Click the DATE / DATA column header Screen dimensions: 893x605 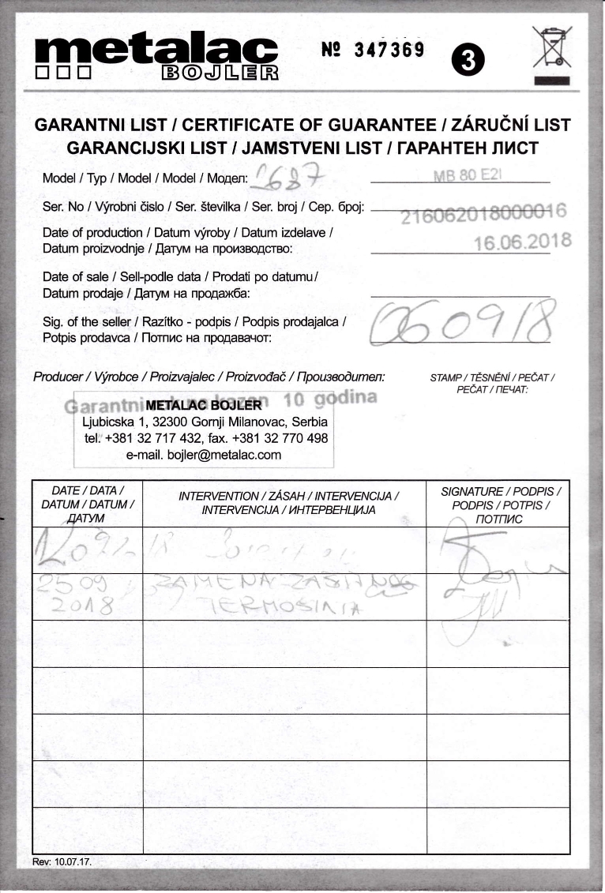(x=88, y=504)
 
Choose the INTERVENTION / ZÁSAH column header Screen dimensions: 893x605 (x=288, y=503)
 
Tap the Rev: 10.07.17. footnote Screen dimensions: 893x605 (x=62, y=861)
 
